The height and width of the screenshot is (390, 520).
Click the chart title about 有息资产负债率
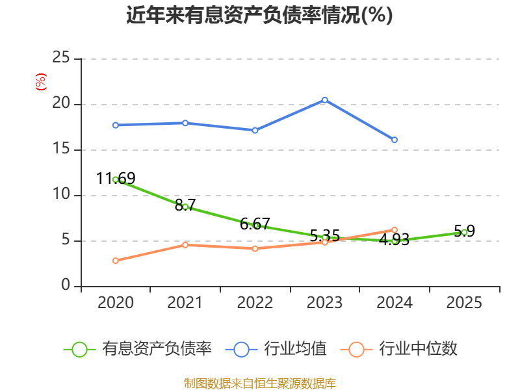pos(259,14)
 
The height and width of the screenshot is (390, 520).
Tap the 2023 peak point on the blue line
pos(324,100)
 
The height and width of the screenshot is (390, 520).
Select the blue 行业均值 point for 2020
pos(115,125)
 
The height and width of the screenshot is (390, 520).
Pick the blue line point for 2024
pos(395,140)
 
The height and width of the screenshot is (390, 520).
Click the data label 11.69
pos(116,178)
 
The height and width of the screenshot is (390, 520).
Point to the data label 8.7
pos(185,204)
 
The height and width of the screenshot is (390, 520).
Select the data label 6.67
pos(255,224)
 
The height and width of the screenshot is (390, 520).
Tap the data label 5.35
pos(324,235)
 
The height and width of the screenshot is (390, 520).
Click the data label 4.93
pos(395,240)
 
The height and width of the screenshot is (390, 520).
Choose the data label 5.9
pos(464,231)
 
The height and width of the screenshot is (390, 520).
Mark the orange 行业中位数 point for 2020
pos(115,261)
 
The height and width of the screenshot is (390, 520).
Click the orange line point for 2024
pos(395,229)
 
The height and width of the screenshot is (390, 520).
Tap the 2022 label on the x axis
pos(255,302)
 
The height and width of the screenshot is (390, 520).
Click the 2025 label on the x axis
pos(464,302)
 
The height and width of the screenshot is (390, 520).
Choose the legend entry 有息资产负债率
pos(138,349)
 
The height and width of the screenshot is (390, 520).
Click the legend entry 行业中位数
pos(402,349)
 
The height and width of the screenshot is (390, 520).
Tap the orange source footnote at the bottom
pos(259,383)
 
